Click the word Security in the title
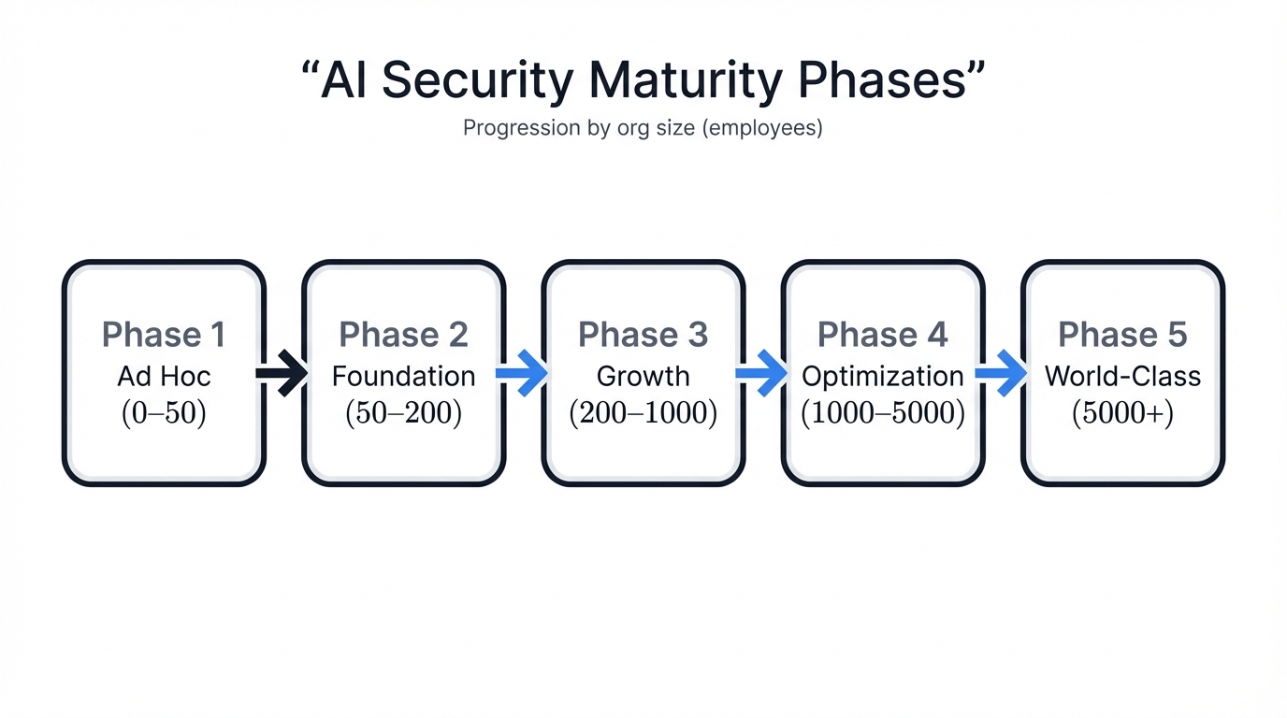point(478,80)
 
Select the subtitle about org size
point(643,128)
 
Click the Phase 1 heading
point(164,335)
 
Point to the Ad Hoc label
point(164,376)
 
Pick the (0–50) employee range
point(164,414)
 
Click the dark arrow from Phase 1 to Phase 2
point(282,373)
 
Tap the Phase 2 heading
point(403,335)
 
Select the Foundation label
point(403,376)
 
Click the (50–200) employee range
point(403,414)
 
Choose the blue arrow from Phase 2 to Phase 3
point(522,373)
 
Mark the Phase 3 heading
point(643,335)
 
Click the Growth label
point(643,376)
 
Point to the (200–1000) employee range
point(643,414)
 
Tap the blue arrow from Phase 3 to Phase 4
point(761,373)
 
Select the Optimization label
point(882,376)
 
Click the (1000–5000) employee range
point(882,414)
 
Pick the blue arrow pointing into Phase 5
point(1001,373)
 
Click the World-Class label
point(1122,376)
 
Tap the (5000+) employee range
point(1122,414)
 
